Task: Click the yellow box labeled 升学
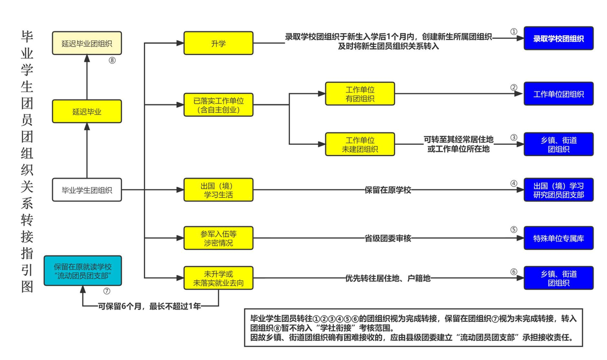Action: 218,43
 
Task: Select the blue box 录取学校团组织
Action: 558,39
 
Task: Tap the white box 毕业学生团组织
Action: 87,190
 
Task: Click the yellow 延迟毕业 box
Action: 87,111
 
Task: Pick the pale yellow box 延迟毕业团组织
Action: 87,43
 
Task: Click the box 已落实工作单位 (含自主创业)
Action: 219,105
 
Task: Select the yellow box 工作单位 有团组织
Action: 360,94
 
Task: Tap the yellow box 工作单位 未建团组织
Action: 360,144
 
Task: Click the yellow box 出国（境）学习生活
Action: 219,190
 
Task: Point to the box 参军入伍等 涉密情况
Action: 219,238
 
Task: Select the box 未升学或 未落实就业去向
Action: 219,277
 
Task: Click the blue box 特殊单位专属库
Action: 558,238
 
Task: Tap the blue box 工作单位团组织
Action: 558,94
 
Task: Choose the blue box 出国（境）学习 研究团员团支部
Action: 558,190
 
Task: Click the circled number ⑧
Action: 112,61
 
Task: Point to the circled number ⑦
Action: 106,291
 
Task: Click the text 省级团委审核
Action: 388,238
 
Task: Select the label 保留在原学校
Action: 388,190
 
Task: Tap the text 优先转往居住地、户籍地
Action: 388,277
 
